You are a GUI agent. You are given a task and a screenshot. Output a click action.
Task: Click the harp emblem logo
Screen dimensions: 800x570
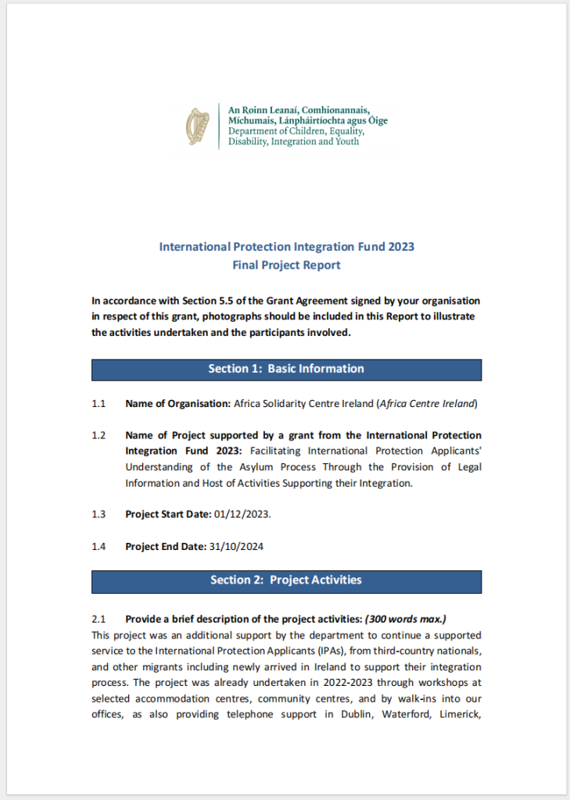198,127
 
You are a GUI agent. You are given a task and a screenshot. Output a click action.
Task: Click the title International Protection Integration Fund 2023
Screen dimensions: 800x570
286,247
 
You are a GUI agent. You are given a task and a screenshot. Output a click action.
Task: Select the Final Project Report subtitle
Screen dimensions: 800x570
286,265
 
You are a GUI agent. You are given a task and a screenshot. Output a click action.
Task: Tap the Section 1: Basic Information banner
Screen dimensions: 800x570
286,370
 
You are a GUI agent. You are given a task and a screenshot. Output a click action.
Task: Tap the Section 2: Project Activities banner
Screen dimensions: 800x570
286,580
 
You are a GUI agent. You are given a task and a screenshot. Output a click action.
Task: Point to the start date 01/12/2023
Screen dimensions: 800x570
242,515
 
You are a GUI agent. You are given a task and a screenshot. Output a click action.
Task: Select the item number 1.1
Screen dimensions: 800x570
99,404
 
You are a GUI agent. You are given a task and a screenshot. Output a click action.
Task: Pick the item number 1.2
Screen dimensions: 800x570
99,435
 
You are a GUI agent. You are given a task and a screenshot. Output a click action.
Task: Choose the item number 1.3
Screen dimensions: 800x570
99,515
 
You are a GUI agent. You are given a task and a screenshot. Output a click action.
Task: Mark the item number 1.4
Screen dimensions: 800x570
99,546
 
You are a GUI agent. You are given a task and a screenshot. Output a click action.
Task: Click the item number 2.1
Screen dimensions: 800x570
99,620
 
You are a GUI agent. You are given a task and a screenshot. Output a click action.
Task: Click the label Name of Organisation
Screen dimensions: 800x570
177,404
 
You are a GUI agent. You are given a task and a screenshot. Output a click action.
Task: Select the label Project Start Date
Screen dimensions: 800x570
168,515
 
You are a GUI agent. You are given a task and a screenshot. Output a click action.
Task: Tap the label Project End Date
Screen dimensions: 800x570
166,546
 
